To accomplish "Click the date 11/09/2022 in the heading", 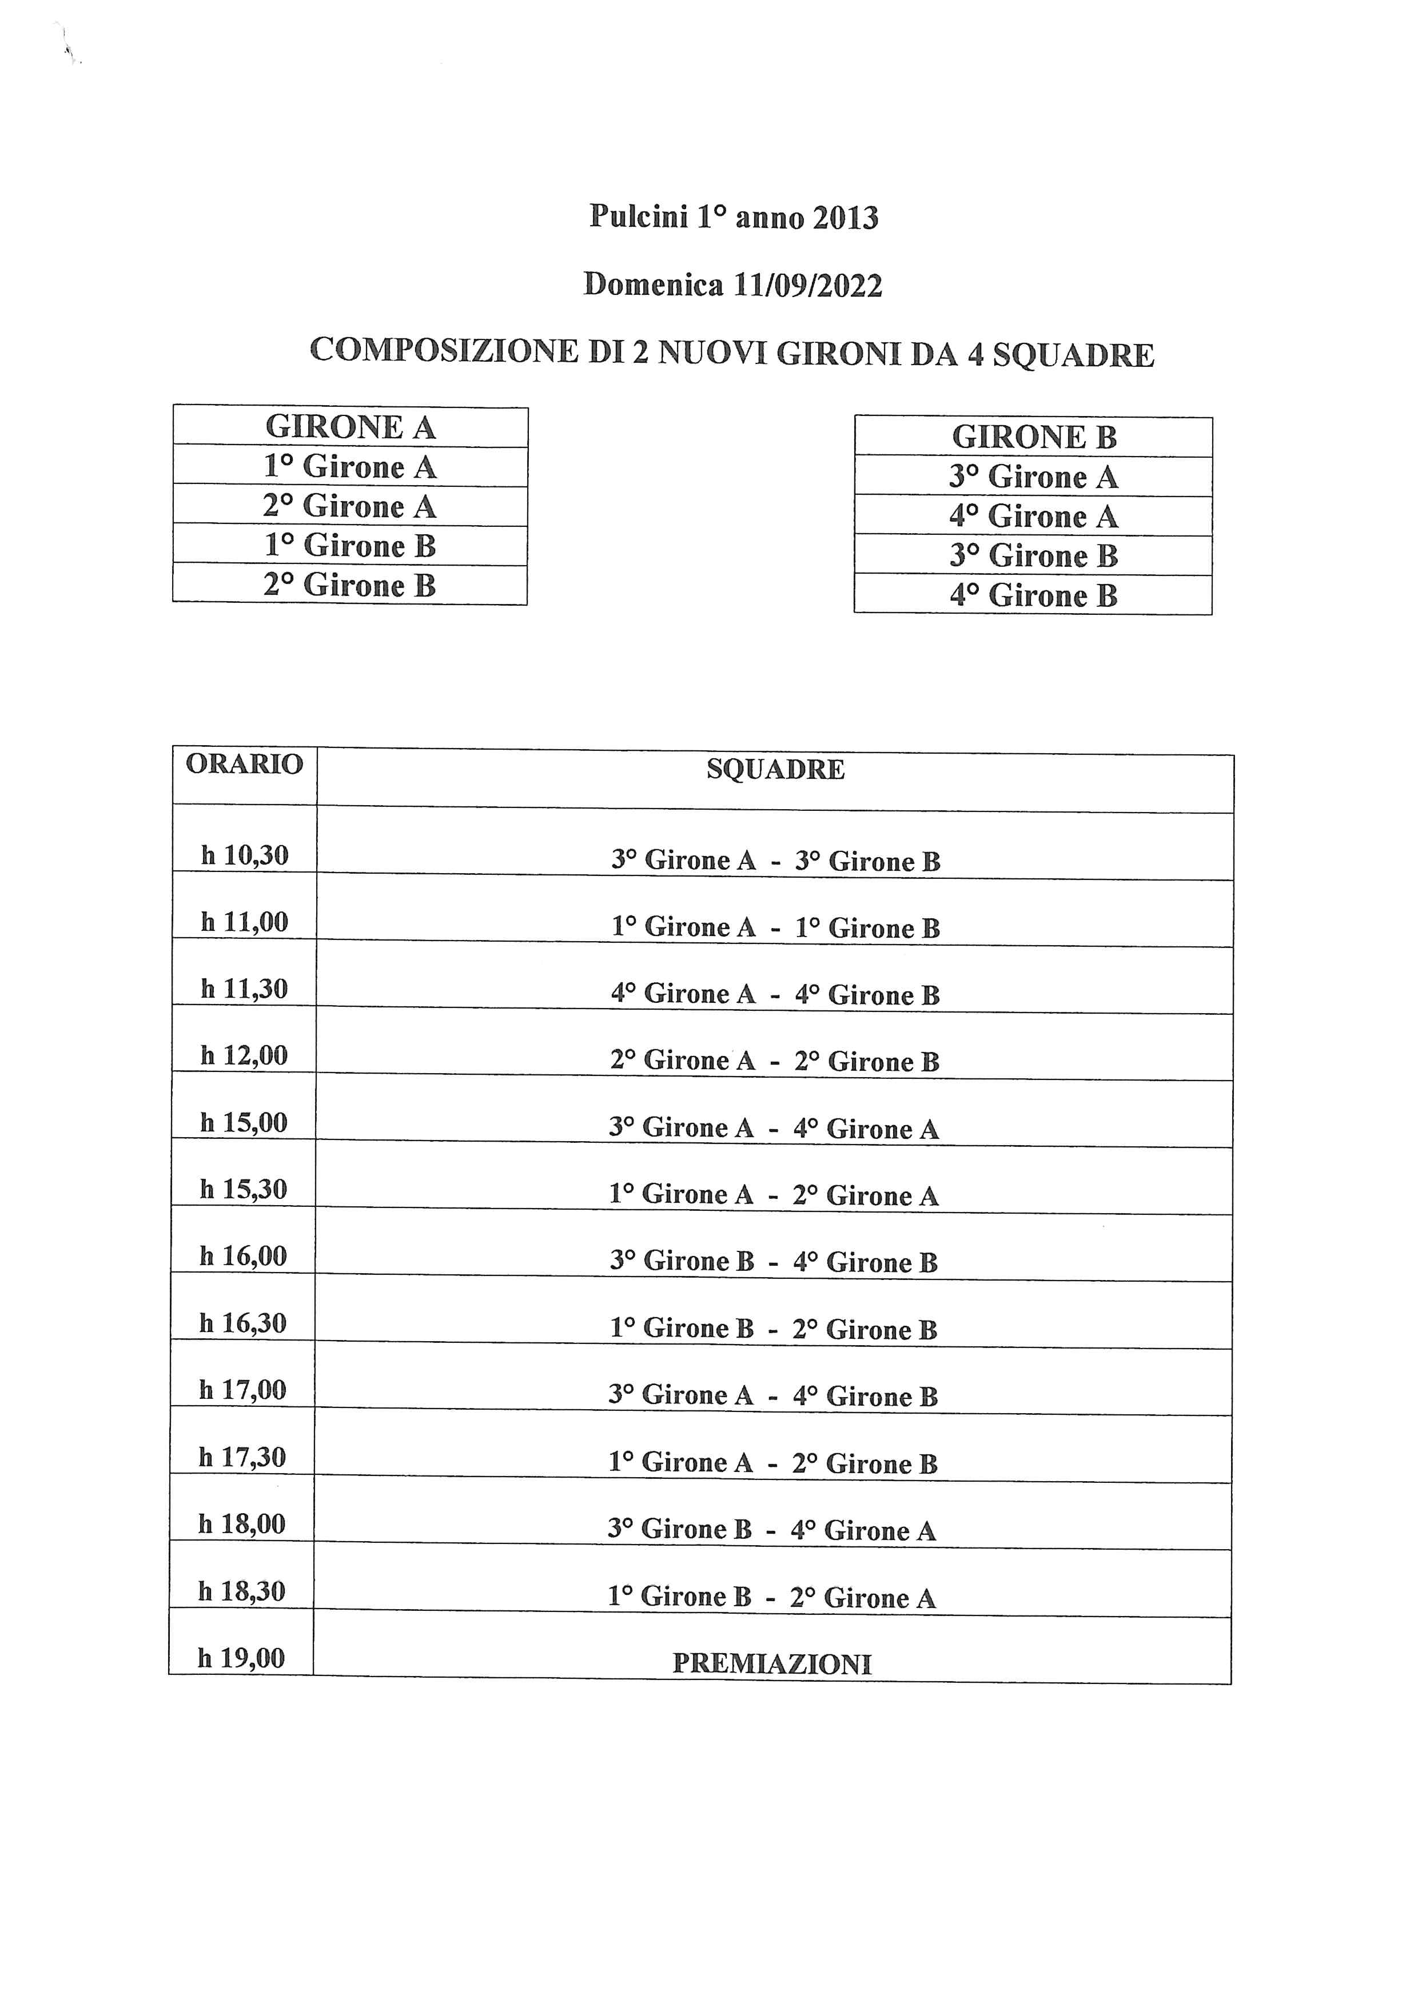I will coord(808,285).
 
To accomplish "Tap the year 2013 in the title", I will coord(845,217).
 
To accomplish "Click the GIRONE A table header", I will coord(350,427).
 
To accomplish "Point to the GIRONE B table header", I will coord(1034,437).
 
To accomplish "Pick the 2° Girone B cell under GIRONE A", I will coord(350,585).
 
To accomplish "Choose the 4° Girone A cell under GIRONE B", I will coord(1034,517).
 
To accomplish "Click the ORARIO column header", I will coord(245,764).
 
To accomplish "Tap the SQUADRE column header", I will coord(775,769).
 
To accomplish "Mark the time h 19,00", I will coord(241,1658).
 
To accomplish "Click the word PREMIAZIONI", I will coord(772,1663).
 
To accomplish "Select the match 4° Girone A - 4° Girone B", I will coord(775,994).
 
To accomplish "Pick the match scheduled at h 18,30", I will coord(772,1597).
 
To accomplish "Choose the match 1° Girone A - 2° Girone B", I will coord(772,1463).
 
